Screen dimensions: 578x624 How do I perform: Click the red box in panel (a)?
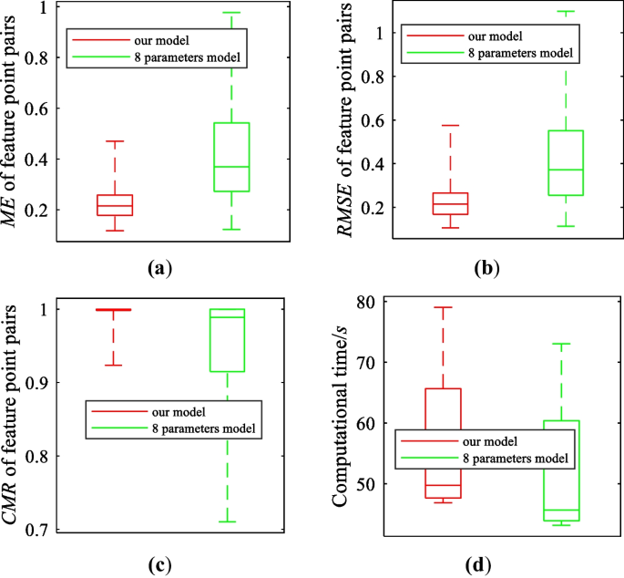114,205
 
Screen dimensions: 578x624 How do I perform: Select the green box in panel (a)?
231,157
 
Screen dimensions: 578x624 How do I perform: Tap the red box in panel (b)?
450,203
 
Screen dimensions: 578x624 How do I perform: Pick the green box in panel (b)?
565,163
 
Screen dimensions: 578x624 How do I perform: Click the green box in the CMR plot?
227,340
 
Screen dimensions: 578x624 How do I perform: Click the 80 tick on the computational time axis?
366,302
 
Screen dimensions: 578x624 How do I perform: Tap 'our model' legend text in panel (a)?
158,41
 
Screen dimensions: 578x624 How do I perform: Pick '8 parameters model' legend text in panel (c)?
206,428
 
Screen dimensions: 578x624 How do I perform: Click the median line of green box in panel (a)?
231,167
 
